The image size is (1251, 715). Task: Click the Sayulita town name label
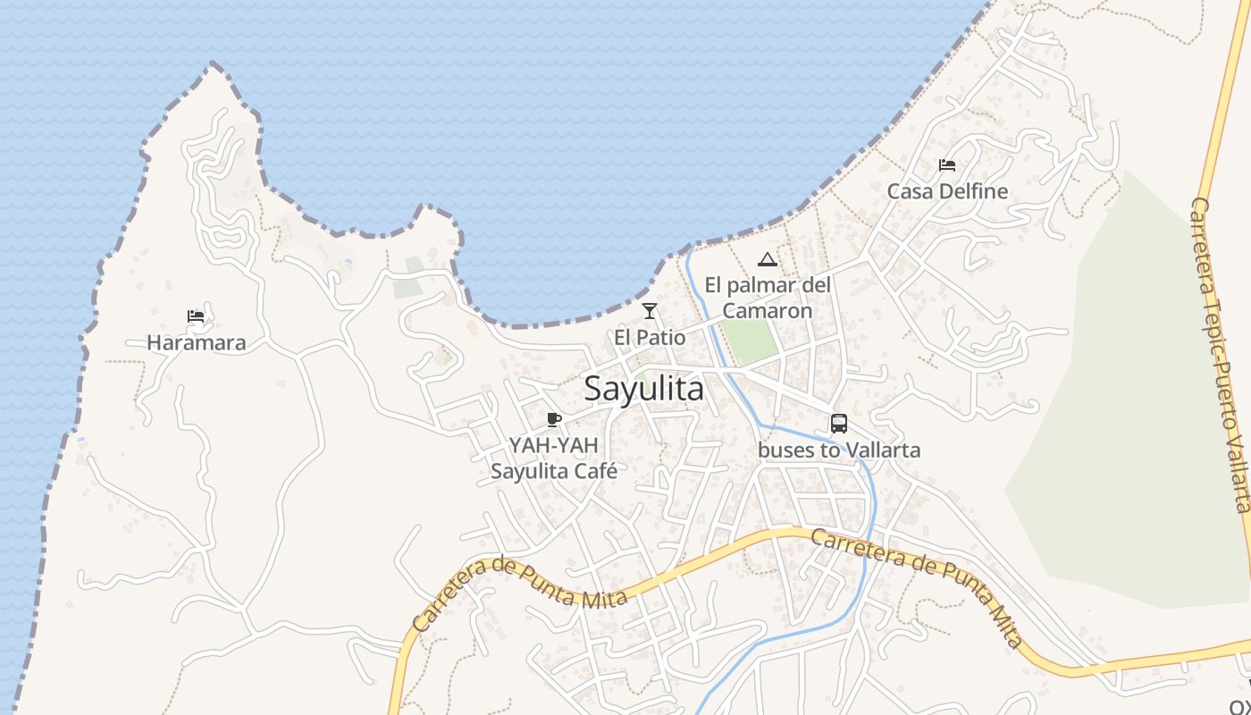click(x=643, y=389)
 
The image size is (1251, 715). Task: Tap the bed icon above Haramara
click(x=196, y=316)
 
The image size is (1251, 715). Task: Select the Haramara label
click(x=196, y=342)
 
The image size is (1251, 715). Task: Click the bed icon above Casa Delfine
click(x=947, y=165)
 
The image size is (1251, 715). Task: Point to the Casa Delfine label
click(x=947, y=191)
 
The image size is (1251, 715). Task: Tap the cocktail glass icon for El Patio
click(x=650, y=311)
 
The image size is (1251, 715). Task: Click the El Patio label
click(x=650, y=338)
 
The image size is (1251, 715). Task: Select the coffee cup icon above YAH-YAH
click(x=554, y=419)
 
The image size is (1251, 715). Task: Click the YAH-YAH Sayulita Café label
click(x=554, y=458)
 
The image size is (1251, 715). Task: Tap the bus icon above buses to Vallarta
click(x=839, y=424)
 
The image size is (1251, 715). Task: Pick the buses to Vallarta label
click(x=839, y=450)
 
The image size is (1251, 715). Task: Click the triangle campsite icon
click(x=767, y=260)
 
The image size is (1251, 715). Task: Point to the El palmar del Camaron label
click(x=768, y=298)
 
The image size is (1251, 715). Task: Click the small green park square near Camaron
click(x=749, y=341)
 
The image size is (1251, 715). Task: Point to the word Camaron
click(x=768, y=311)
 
